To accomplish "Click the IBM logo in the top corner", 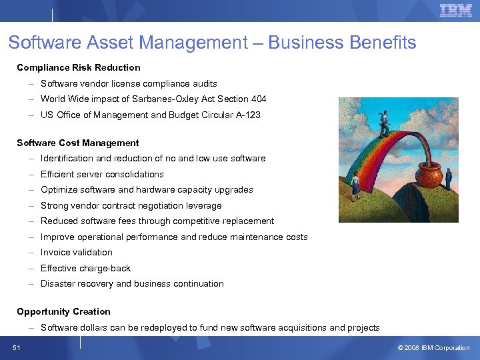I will (456, 10).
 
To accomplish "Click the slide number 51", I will (17, 347).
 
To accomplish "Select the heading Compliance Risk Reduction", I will (79, 67).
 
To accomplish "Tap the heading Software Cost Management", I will (78, 143).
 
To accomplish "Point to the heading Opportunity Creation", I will (64, 311).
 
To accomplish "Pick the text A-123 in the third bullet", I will (247, 115).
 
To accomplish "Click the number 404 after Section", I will (258, 99).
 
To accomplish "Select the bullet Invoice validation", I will (77, 253).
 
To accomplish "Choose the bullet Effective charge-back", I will (85, 268).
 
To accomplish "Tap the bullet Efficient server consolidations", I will (102, 174).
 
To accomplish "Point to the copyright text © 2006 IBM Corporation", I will (433, 347).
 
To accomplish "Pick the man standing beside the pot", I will (449, 178).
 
